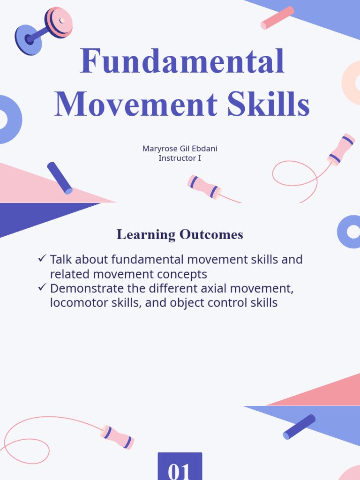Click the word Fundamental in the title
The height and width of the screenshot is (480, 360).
tap(182, 61)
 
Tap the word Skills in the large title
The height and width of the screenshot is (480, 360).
tap(269, 104)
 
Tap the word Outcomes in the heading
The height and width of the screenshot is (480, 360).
tap(211, 234)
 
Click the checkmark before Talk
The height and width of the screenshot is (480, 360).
tap(42, 258)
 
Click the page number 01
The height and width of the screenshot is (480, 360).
tap(180, 470)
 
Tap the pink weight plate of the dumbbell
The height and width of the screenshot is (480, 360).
tap(60, 22)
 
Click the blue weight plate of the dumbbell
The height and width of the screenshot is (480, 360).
tap(27, 39)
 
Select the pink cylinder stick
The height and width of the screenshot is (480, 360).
tap(277, 18)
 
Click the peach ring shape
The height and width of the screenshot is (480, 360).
tap(352, 82)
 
